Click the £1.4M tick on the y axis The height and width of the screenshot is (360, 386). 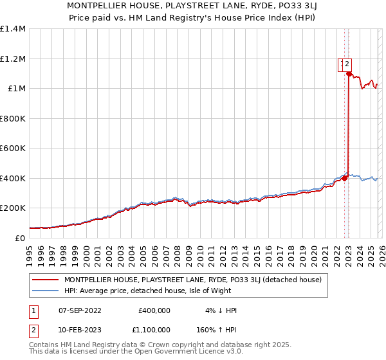click(13, 29)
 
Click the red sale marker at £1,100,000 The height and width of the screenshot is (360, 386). click(349, 74)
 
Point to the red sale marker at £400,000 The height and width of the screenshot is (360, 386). click(344, 178)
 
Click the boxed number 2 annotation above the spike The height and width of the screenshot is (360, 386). click(346, 64)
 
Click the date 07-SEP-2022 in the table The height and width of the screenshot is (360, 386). click(80, 310)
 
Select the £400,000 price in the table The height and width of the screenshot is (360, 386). click(154, 310)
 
